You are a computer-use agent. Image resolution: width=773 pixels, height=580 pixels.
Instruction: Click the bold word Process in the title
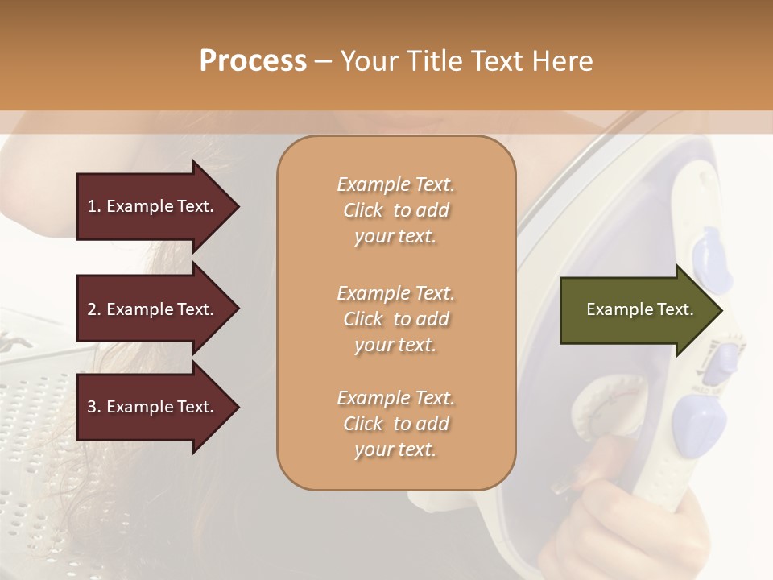click(x=253, y=61)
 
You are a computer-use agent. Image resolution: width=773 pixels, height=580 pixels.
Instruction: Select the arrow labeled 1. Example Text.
click(x=153, y=206)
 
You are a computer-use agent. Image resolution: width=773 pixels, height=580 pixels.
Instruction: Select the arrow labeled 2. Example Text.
click(x=153, y=309)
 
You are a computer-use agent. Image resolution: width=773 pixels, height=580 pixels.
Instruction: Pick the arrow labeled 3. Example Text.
click(x=153, y=407)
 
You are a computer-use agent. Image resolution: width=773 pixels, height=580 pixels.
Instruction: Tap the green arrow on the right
click(x=636, y=309)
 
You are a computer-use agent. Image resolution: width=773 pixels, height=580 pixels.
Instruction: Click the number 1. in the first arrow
click(x=94, y=206)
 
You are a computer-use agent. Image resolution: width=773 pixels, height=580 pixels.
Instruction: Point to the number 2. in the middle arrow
click(x=94, y=309)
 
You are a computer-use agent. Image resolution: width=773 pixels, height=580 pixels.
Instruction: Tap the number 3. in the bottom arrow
click(x=94, y=407)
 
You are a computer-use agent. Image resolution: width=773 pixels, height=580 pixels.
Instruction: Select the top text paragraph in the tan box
click(x=395, y=210)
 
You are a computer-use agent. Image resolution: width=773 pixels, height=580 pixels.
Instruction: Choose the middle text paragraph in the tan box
click(x=395, y=319)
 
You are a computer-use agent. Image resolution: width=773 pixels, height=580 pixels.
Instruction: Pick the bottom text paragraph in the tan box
click(x=395, y=424)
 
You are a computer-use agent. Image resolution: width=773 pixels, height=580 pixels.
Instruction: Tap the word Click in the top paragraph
click(x=362, y=210)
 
